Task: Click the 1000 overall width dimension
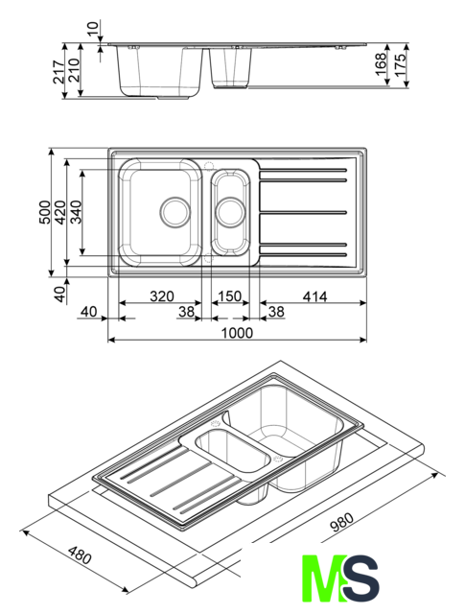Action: click(237, 333)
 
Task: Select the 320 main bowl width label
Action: click(162, 296)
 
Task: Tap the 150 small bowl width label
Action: click(230, 296)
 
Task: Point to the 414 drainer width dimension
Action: click(314, 296)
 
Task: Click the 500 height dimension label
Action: click(45, 212)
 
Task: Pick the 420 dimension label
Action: click(59, 212)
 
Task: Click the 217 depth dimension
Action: click(58, 72)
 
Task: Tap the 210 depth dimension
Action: click(74, 70)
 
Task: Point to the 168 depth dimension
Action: click(381, 64)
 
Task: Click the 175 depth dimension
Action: click(399, 64)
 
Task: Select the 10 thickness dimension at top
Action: click(92, 30)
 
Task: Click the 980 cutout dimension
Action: click(341, 522)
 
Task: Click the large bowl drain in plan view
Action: click(175, 212)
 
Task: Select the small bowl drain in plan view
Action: click(230, 212)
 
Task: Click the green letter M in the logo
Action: click(324, 578)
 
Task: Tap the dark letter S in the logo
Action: click(360, 578)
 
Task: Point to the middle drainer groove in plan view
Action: click(303, 212)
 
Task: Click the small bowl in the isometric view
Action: click(232, 451)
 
